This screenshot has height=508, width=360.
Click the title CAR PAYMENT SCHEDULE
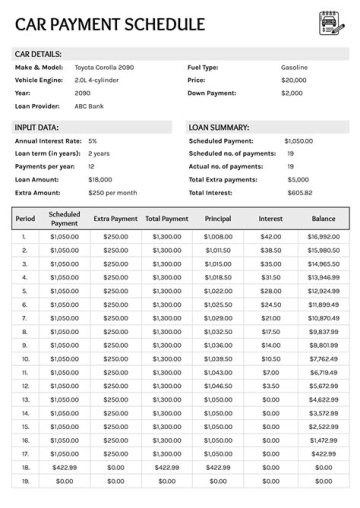(110, 24)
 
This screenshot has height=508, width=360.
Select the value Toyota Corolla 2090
(104, 67)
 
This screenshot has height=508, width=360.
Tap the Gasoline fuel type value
(294, 67)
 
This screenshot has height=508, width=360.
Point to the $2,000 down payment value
(291, 93)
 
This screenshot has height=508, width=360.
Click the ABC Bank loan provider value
(89, 106)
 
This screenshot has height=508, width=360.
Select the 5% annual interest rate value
(92, 141)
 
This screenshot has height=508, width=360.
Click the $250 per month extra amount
(112, 192)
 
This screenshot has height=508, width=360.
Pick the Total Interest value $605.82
(300, 192)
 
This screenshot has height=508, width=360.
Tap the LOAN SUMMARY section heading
(218, 127)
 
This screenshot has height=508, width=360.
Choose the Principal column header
(218, 218)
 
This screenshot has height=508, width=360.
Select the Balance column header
(323, 218)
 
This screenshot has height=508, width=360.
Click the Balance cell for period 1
(323, 237)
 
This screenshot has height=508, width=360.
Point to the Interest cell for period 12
(270, 386)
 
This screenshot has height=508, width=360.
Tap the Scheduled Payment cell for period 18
(64, 467)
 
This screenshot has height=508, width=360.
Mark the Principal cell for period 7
(218, 318)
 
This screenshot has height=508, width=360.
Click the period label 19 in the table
(25, 481)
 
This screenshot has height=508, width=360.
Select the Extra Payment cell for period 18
(115, 467)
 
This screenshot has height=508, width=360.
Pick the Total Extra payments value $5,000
(298, 179)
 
